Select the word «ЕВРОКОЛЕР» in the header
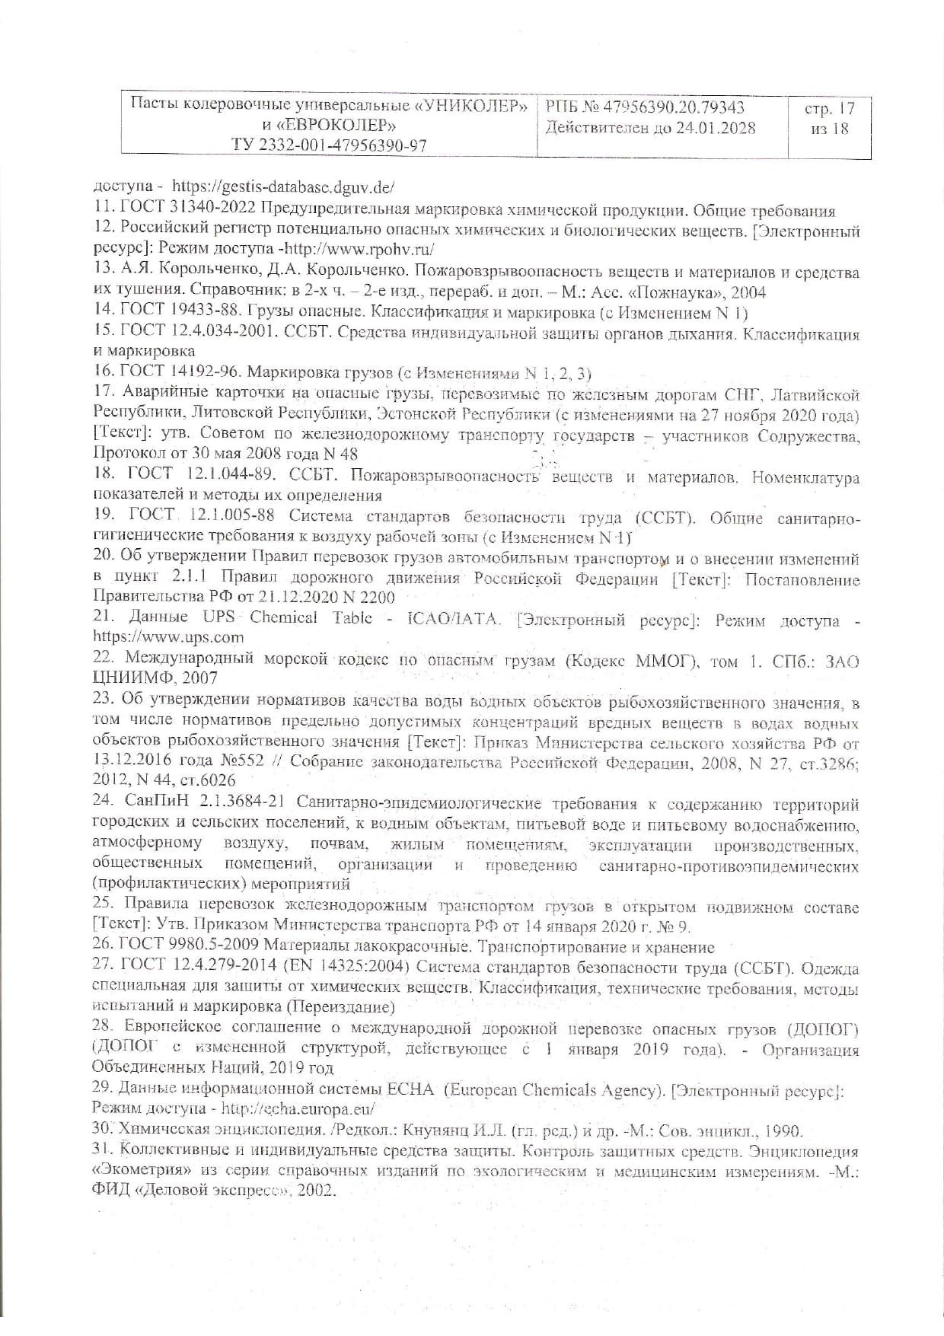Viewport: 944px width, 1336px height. click(334, 125)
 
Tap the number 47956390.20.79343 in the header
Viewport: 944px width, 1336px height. click(671, 107)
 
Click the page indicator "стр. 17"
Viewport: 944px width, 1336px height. click(829, 109)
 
